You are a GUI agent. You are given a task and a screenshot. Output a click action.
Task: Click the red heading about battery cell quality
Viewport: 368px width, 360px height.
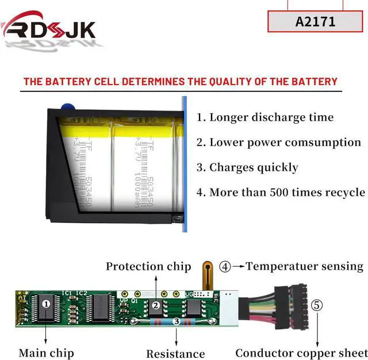click(x=180, y=81)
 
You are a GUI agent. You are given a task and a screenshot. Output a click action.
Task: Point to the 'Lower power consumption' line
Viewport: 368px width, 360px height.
click(x=279, y=142)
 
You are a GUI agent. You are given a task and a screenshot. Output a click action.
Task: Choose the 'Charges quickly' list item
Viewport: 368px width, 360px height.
click(x=247, y=167)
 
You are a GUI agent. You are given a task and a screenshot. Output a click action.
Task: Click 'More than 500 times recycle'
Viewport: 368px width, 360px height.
click(x=281, y=192)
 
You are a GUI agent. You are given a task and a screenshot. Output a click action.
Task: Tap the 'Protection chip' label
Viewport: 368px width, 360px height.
click(x=148, y=266)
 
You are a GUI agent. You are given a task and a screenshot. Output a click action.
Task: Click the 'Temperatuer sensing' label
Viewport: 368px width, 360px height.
click(x=305, y=266)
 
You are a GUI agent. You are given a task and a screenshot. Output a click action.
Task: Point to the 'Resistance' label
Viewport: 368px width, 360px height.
click(x=175, y=354)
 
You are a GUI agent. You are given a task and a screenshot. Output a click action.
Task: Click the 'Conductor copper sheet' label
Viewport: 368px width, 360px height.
click(x=301, y=353)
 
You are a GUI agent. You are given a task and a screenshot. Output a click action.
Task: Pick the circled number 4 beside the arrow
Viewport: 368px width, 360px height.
click(x=225, y=267)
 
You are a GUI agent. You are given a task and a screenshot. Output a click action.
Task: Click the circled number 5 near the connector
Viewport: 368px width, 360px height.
click(x=317, y=305)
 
